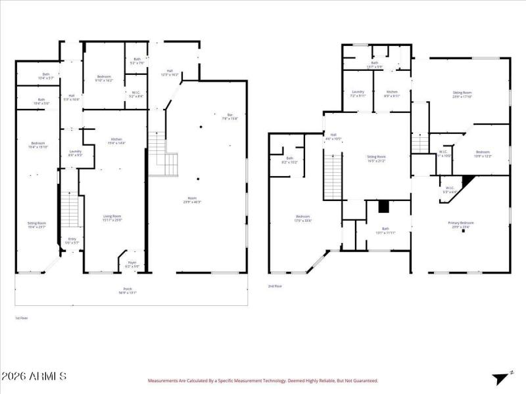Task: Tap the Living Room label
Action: tap(112, 217)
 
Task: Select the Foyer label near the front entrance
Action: tap(132, 264)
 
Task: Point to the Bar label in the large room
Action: tap(224, 117)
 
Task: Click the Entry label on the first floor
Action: tap(72, 240)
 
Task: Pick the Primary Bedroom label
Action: tap(462, 225)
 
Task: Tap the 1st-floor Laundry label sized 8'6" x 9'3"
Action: tap(75, 153)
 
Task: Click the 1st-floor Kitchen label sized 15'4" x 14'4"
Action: tap(118, 141)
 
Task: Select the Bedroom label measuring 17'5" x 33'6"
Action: tap(302, 219)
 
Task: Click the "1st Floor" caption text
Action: tap(22, 318)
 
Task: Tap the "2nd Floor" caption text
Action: tap(275, 286)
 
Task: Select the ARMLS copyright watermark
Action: tap(34, 376)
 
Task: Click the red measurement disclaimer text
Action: tap(262, 380)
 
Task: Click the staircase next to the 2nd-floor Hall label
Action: tap(333, 174)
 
